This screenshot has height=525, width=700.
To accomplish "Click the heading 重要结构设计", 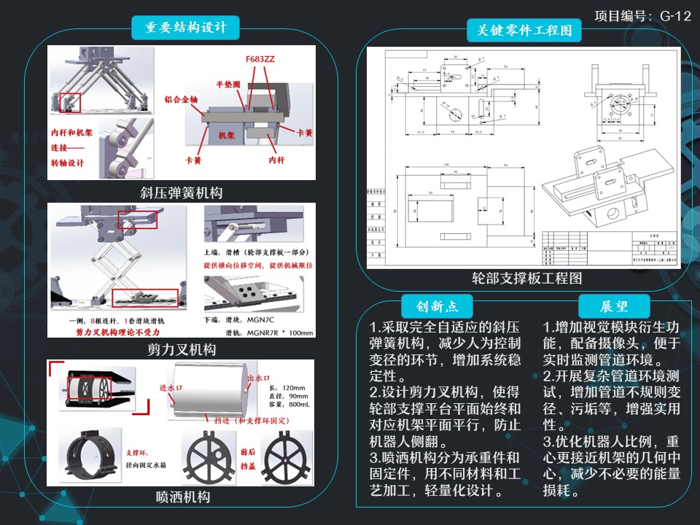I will point(186,28).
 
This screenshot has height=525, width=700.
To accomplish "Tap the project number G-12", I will point(642,16).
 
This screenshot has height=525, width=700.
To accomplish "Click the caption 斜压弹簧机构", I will point(182,192).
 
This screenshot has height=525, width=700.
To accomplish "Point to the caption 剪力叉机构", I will point(182,349).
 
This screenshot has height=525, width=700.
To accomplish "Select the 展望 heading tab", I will point(614,306).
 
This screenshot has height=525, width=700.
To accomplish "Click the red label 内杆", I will point(276,158).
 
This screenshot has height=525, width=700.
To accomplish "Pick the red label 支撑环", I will point(136,451).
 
